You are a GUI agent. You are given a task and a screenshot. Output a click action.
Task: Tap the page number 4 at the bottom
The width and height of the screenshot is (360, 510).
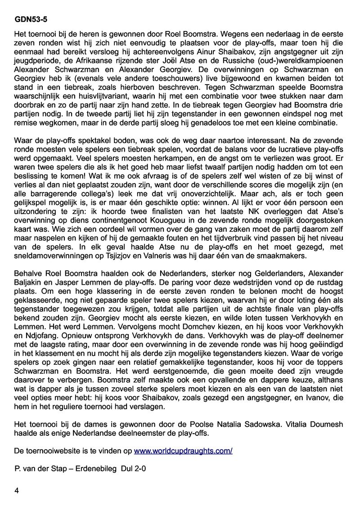(x=17, y=491)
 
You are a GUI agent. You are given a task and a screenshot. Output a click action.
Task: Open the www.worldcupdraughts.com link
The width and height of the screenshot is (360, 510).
(x=183, y=451)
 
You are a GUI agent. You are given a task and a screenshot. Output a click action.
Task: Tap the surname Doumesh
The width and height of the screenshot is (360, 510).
(x=327, y=425)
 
